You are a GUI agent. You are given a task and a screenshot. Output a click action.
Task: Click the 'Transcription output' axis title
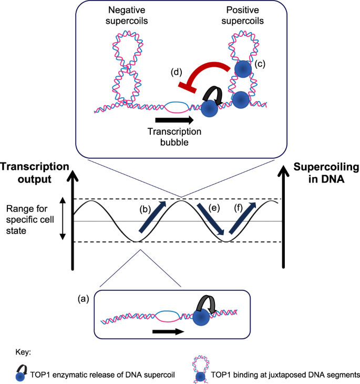tap(35, 173)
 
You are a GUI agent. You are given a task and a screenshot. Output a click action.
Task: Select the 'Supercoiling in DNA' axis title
tap(326, 173)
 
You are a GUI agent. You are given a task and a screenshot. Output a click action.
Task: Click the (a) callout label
tap(83, 298)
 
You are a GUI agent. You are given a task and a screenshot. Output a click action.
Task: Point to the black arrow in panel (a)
tap(167, 332)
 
